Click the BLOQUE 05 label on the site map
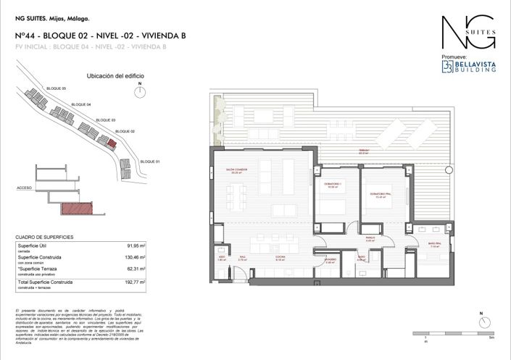[x=56, y=88]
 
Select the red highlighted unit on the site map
[x=111, y=143]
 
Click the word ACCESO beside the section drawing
[x=23, y=188]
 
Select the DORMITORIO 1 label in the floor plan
[x=332, y=185]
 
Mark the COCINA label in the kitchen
[x=278, y=257]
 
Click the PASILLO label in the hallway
[x=369, y=237]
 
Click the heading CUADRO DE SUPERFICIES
[x=44, y=237]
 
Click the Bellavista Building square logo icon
[x=447, y=66]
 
